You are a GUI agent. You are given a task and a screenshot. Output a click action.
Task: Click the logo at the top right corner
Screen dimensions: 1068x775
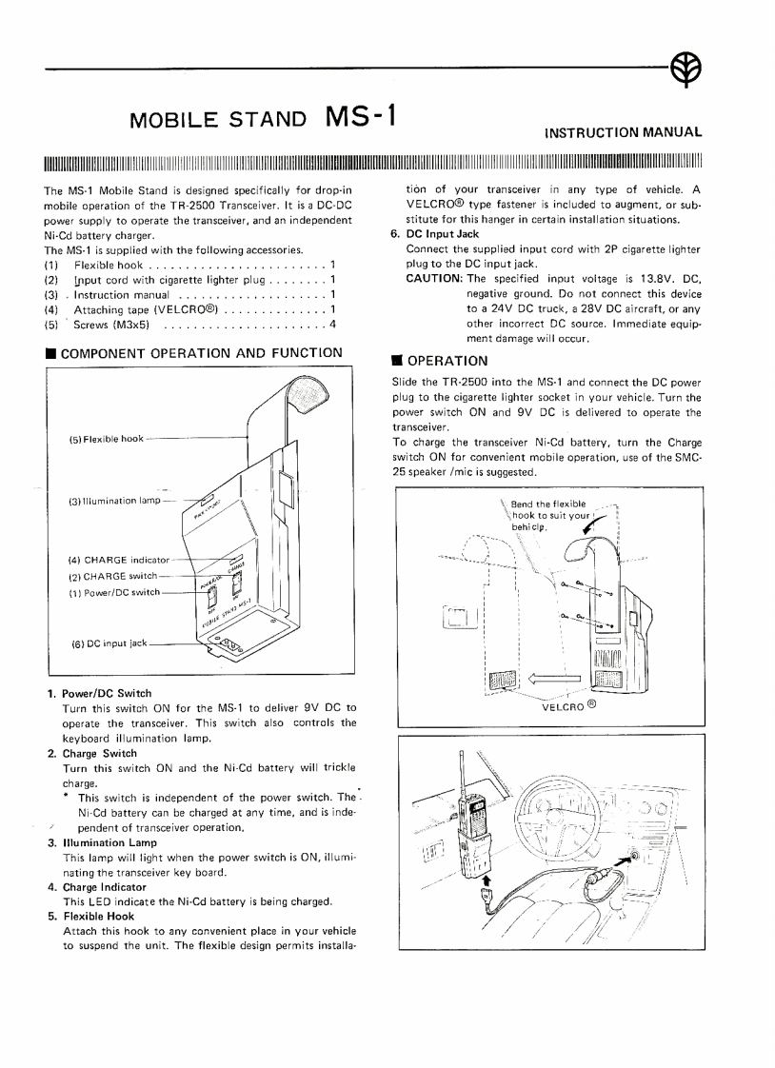pos(686,68)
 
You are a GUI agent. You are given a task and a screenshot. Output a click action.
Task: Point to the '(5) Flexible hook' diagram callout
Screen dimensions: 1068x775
pos(106,439)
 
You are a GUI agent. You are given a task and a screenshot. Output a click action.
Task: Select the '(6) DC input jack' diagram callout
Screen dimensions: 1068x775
pos(109,643)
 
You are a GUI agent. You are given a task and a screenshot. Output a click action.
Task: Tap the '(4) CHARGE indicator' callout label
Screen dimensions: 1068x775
pos(118,560)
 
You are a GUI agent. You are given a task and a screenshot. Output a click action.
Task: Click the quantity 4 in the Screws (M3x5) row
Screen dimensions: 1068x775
pos(332,325)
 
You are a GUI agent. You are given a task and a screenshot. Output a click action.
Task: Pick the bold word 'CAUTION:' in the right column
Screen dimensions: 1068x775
pos(434,278)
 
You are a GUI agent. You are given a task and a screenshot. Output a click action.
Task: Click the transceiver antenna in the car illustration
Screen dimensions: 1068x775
pos(461,770)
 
